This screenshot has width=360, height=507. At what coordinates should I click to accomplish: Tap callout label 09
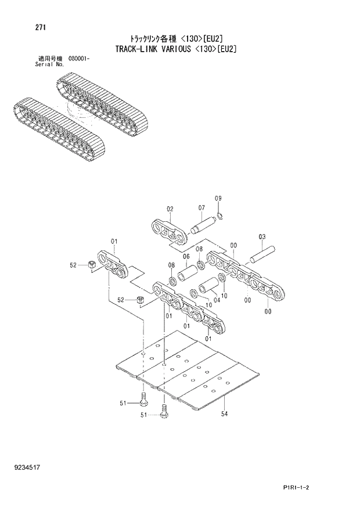pyautogui.click(x=218, y=199)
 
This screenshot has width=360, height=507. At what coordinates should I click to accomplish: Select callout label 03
pyautogui.click(x=262, y=236)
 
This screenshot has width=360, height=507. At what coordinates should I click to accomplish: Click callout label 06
pyautogui.click(x=186, y=257)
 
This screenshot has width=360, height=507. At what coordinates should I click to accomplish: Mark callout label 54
pyautogui.click(x=224, y=414)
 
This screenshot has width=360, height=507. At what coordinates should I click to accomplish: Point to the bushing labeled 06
pyautogui.click(x=190, y=273)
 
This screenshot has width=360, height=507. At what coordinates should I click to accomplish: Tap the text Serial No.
pyautogui.click(x=49, y=64)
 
